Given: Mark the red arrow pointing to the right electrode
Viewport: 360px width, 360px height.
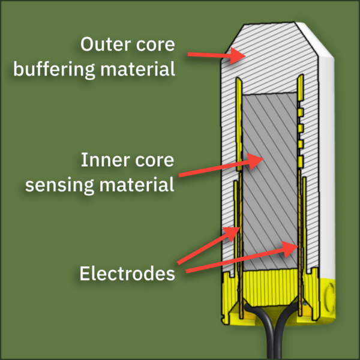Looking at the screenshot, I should point(240,257).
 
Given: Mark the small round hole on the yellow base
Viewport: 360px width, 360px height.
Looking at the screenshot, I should point(329,292).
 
